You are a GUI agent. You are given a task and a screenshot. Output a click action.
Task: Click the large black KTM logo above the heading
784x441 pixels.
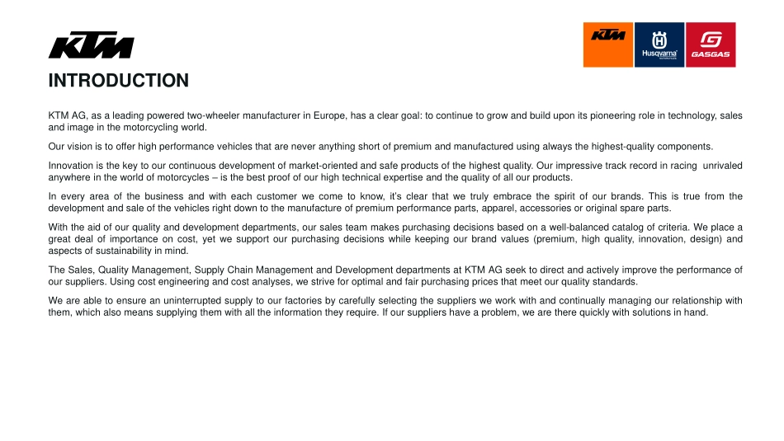click(91, 46)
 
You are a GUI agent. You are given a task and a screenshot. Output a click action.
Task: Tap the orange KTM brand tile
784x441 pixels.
click(608, 45)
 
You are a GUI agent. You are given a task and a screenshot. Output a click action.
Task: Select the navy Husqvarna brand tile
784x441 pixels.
click(659, 45)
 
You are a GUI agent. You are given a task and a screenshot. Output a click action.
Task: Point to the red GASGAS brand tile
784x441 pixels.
click(711, 45)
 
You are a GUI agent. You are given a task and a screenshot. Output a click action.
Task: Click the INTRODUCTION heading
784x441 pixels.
click(118, 81)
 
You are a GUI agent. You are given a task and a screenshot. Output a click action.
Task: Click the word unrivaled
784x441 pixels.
click(721, 166)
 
